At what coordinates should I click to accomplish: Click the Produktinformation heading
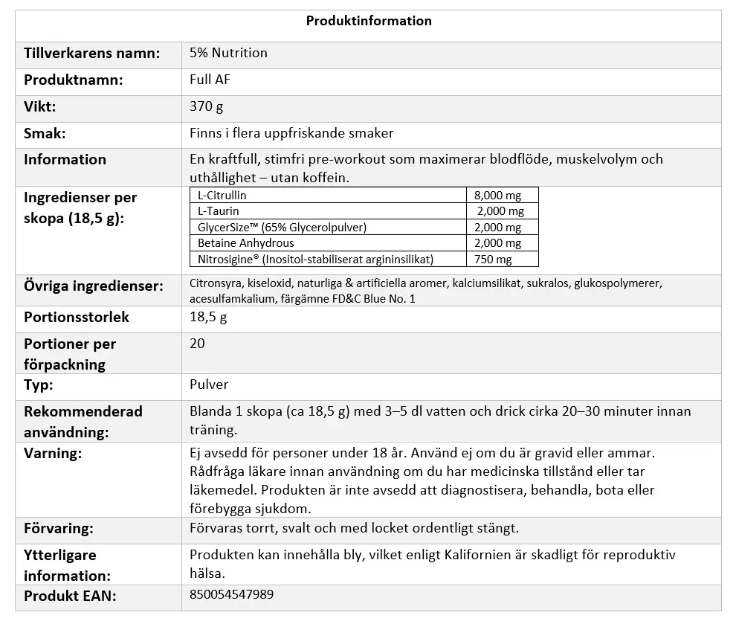click(x=369, y=21)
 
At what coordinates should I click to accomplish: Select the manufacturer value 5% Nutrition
click(x=228, y=54)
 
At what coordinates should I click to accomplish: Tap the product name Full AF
click(x=210, y=80)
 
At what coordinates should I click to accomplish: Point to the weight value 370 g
click(x=206, y=107)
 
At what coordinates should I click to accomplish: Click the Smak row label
click(x=45, y=134)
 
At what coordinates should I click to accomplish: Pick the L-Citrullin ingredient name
click(x=222, y=196)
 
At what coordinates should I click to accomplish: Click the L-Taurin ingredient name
click(x=218, y=211)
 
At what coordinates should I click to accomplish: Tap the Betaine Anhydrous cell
click(x=245, y=243)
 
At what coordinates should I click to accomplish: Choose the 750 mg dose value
click(x=493, y=260)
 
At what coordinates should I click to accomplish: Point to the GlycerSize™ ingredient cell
click(x=282, y=228)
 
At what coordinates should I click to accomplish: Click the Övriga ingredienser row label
click(x=93, y=286)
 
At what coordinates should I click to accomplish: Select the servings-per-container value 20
click(x=197, y=344)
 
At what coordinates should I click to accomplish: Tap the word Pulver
click(x=209, y=385)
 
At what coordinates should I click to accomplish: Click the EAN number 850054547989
click(x=231, y=595)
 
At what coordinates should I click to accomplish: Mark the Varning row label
click(x=53, y=454)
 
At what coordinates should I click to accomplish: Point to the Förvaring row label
click(x=58, y=529)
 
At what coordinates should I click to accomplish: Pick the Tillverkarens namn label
click(x=91, y=54)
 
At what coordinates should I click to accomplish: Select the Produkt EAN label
click(x=70, y=596)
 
